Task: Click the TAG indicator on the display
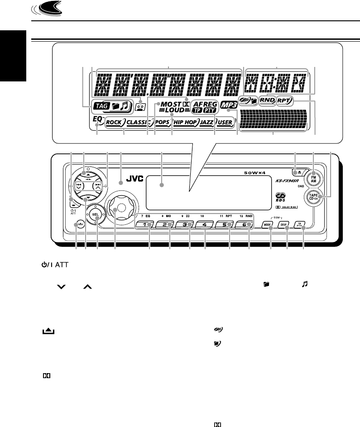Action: (x=98, y=107)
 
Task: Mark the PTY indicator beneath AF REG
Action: (x=210, y=110)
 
